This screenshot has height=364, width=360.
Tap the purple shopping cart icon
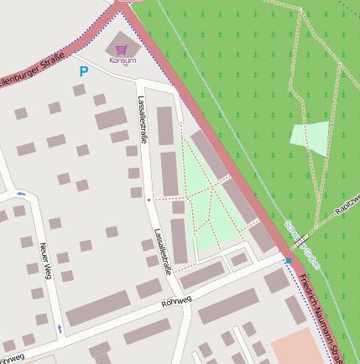[x=124, y=49]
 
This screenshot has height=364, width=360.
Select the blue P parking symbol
[x=83, y=72]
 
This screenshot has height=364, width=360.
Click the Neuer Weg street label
[x=46, y=260]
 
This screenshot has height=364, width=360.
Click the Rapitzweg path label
[x=345, y=205]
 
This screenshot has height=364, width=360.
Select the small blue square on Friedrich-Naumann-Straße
[x=290, y=261]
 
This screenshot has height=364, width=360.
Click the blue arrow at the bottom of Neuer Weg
[x=60, y=327]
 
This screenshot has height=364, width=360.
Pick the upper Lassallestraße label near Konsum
[x=143, y=119]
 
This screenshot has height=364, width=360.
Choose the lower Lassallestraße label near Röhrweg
[x=163, y=252]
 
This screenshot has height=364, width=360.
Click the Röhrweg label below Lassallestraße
[x=176, y=300]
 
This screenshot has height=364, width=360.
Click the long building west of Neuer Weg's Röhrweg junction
[x=99, y=309]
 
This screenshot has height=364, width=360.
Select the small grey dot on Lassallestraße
[x=149, y=200]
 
